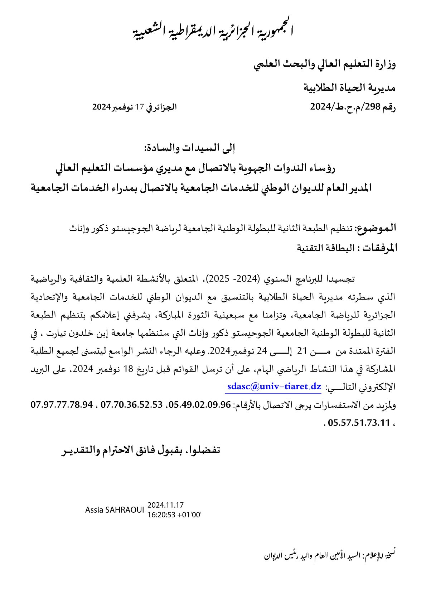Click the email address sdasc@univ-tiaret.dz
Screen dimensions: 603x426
pyautogui.click(x=274, y=387)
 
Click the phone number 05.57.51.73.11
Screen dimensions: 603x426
pyautogui.click(x=358, y=423)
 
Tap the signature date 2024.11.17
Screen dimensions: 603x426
pyautogui.click(x=165, y=505)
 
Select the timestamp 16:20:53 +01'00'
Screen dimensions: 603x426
pyautogui.click(x=174, y=515)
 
